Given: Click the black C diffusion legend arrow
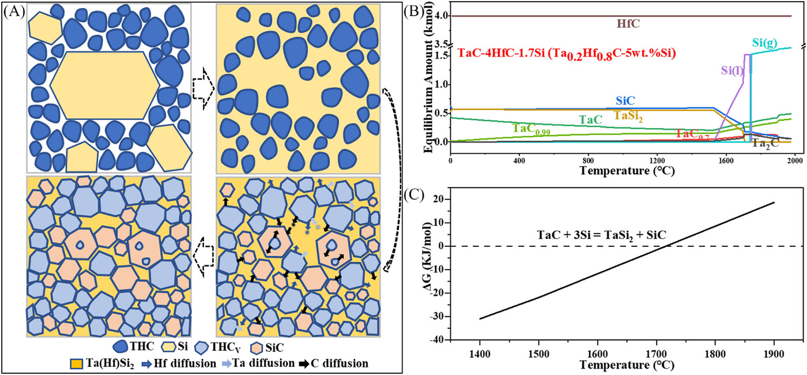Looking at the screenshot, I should pyautogui.click(x=308, y=364).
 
